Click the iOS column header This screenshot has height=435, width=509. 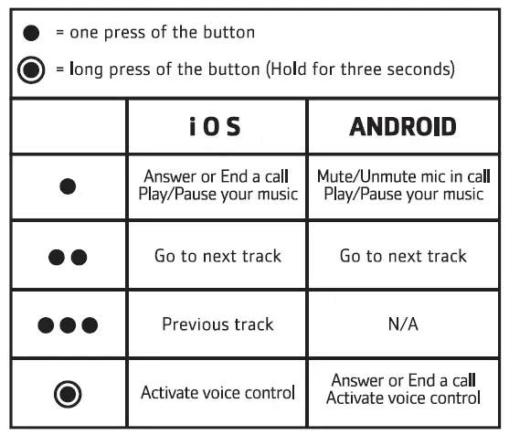(x=217, y=126)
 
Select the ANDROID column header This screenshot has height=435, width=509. (x=403, y=126)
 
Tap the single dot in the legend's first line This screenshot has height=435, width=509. (x=32, y=32)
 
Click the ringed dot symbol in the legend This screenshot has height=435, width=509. (x=32, y=69)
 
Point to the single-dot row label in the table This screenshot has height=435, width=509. (x=67, y=186)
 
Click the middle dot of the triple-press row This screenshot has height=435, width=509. (x=67, y=324)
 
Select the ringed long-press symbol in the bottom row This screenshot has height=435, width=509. (x=67, y=393)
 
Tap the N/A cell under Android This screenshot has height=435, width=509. (x=403, y=324)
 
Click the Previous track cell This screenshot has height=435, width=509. (x=217, y=324)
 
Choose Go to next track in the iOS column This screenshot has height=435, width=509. (x=217, y=256)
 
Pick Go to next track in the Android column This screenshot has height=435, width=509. (x=403, y=256)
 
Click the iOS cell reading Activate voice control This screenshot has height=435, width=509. (x=217, y=393)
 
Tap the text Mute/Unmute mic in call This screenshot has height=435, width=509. (x=403, y=177)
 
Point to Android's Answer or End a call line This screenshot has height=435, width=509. (x=403, y=381)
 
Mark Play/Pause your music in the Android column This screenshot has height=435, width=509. (x=403, y=194)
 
